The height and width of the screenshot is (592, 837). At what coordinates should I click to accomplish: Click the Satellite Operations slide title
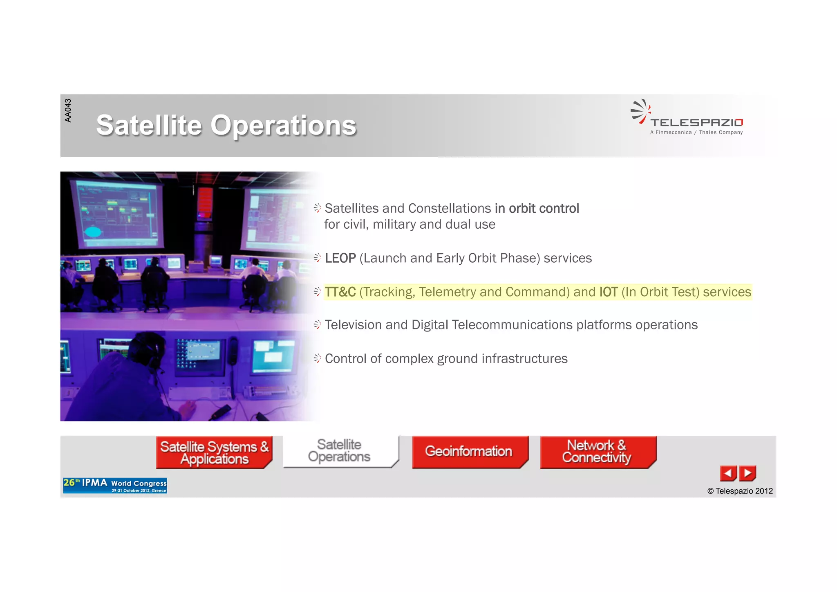(x=226, y=125)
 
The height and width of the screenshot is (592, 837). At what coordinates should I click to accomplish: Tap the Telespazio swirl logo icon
(x=640, y=111)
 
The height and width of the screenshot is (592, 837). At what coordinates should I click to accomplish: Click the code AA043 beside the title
(x=68, y=110)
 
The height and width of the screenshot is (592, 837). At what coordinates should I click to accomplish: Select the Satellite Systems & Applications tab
(x=214, y=452)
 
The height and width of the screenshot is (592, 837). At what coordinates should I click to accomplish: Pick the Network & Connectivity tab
(x=597, y=451)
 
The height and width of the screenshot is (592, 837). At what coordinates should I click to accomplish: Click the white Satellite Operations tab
(x=340, y=451)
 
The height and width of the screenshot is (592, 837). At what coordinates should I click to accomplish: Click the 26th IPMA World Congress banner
(x=115, y=486)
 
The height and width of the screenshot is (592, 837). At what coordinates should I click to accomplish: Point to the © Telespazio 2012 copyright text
(x=740, y=491)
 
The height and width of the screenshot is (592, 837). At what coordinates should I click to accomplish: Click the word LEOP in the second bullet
(x=340, y=258)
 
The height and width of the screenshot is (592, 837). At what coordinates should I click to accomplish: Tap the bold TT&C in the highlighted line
(x=340, y=292)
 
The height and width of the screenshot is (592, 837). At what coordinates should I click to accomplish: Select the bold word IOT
(x=608, y=292)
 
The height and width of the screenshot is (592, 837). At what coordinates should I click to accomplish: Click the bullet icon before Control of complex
(x=317, y=358)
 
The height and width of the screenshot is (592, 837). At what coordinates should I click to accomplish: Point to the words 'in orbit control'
(x=537, y=209)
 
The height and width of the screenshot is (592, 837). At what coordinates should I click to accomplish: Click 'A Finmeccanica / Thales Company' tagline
(x=696, y=133)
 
